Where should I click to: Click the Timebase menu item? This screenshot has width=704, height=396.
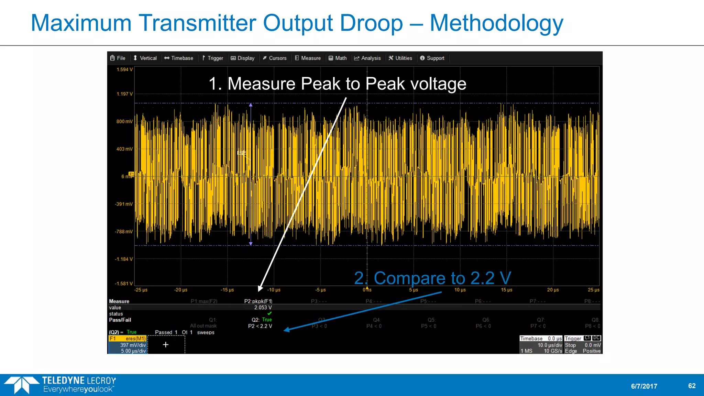click(179, 58)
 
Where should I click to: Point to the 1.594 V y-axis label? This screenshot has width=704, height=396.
click(124, 69)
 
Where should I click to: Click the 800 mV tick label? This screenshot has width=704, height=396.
click(124, 121)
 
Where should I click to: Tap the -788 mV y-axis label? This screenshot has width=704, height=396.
click(124, 232)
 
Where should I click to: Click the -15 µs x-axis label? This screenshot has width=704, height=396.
click(227, 290)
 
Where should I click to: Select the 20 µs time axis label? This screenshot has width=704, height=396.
click(553, 290)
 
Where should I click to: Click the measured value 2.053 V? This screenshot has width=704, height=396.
click(263, 308)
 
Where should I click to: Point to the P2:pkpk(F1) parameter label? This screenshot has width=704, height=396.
click(258, 301)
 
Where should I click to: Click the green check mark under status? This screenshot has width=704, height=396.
click(269, 313)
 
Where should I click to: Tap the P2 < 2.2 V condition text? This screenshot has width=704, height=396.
click(260, 326)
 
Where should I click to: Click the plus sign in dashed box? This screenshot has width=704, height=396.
click(166, 344)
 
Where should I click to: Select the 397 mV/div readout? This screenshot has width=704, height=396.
click(133, 345)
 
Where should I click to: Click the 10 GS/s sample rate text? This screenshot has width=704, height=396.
click(553, 351)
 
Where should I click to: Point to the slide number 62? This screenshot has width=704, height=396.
click(692, 386)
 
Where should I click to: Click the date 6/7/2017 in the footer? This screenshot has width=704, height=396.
click(644, 386)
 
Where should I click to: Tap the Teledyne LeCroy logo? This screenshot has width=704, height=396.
click(60, 385)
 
